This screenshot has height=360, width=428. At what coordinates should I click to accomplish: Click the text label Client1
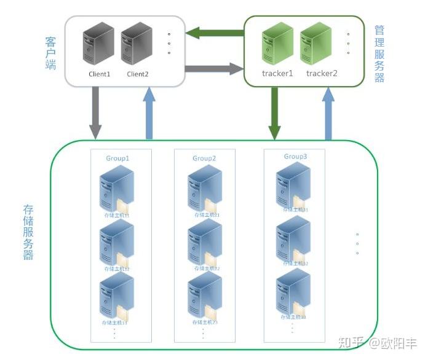click(x=99, y=74)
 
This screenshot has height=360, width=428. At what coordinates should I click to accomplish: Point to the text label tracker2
click(x=322, y=74)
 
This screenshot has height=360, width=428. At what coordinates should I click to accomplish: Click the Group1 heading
click(x=117, y=158)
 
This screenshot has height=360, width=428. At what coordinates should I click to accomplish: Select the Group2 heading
click(x=204, y=158)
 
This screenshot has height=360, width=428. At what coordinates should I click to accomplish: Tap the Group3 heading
click(x=295, y=157)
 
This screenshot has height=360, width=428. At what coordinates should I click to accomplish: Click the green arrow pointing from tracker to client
click(x=215, y=33)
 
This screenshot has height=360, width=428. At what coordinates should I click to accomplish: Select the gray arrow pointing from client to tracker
click(x=215, y=68)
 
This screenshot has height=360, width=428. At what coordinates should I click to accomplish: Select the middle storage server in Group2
click(x=204, y=242)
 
